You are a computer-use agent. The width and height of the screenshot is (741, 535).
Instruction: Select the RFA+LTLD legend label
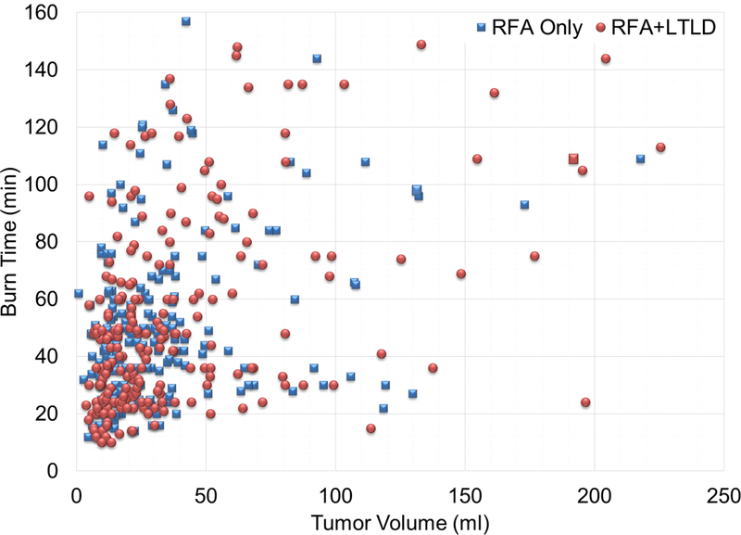pos(665,27)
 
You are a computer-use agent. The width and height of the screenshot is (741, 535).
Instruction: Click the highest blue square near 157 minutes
pos(186,20)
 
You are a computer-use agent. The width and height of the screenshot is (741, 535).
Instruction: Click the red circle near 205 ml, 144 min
pos(606,58)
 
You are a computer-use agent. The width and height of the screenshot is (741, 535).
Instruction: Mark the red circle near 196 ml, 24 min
pos(585,402)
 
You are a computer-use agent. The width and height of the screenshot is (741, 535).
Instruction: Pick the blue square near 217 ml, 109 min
pos(640,159)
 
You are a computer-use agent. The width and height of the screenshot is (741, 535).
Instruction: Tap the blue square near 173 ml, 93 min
pos(524,204)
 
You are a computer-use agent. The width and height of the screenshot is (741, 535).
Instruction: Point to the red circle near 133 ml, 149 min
pos(421,45)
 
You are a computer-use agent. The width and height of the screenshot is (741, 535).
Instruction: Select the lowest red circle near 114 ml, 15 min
pos(370,428)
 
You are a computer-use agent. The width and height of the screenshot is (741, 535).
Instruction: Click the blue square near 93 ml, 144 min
pos(317,58)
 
